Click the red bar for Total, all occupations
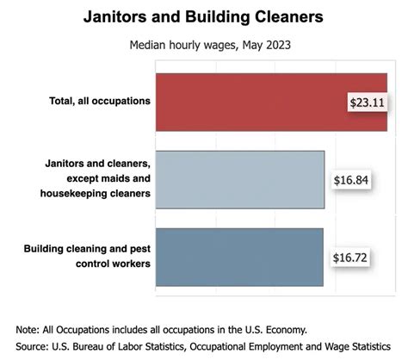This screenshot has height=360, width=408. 250,102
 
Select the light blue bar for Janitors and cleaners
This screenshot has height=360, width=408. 239,179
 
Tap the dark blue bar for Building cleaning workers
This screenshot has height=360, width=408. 239,257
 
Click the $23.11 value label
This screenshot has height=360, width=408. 367,102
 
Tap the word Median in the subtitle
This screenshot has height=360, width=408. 149,47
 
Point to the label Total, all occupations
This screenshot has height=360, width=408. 100,101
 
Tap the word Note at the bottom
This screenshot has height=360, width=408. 28,329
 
